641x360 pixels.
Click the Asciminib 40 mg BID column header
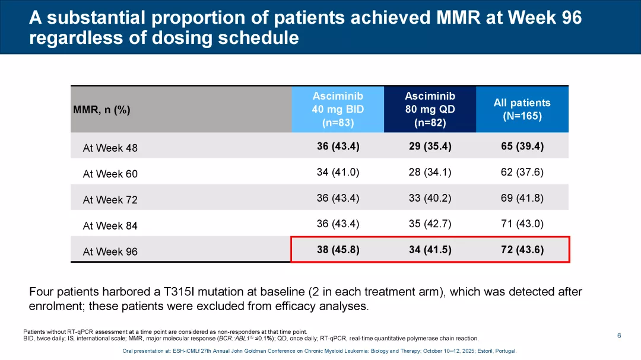[338, 109]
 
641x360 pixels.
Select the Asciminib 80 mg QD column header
[430, 109]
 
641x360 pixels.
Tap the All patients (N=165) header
[522, 109]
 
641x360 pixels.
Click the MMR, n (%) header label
[101, 110]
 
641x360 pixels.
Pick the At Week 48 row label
[110, 148]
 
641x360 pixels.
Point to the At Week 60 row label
[110, 174]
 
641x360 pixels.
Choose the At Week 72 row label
[110, 200]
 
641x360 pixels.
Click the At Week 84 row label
[110, 226]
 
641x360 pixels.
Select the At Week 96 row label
[110, 251]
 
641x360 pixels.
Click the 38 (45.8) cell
[338, 250]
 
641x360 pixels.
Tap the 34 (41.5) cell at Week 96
[430, 250]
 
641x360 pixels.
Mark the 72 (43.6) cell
[522, 250]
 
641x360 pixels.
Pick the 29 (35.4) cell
[430, 146]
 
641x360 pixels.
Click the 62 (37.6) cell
[522, 172]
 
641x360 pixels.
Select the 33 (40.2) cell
[430, 198]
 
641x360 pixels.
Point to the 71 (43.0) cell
[522, 224]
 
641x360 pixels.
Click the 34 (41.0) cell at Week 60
[338, 172]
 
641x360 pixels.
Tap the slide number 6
[619, 336]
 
